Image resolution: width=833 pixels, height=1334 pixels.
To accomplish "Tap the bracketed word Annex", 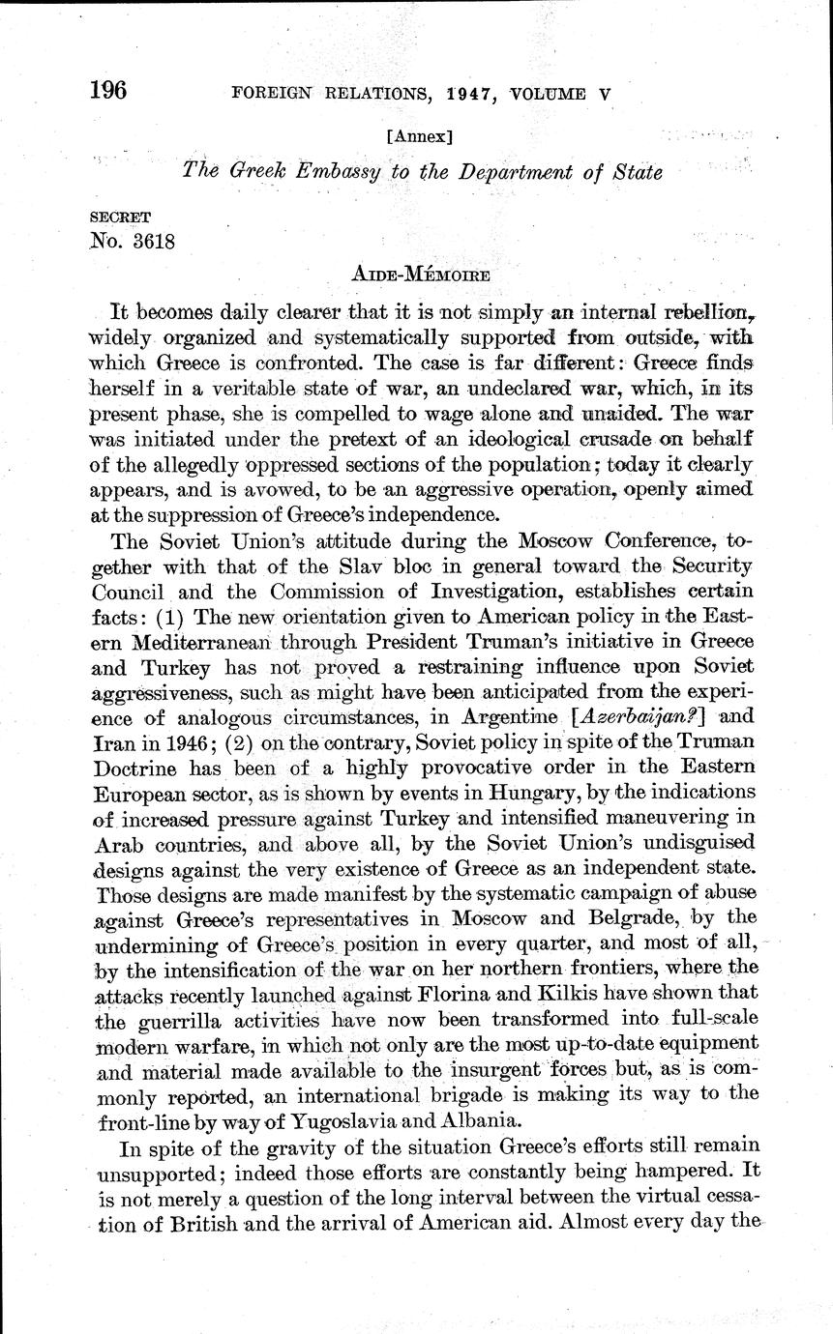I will click(414, 136).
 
